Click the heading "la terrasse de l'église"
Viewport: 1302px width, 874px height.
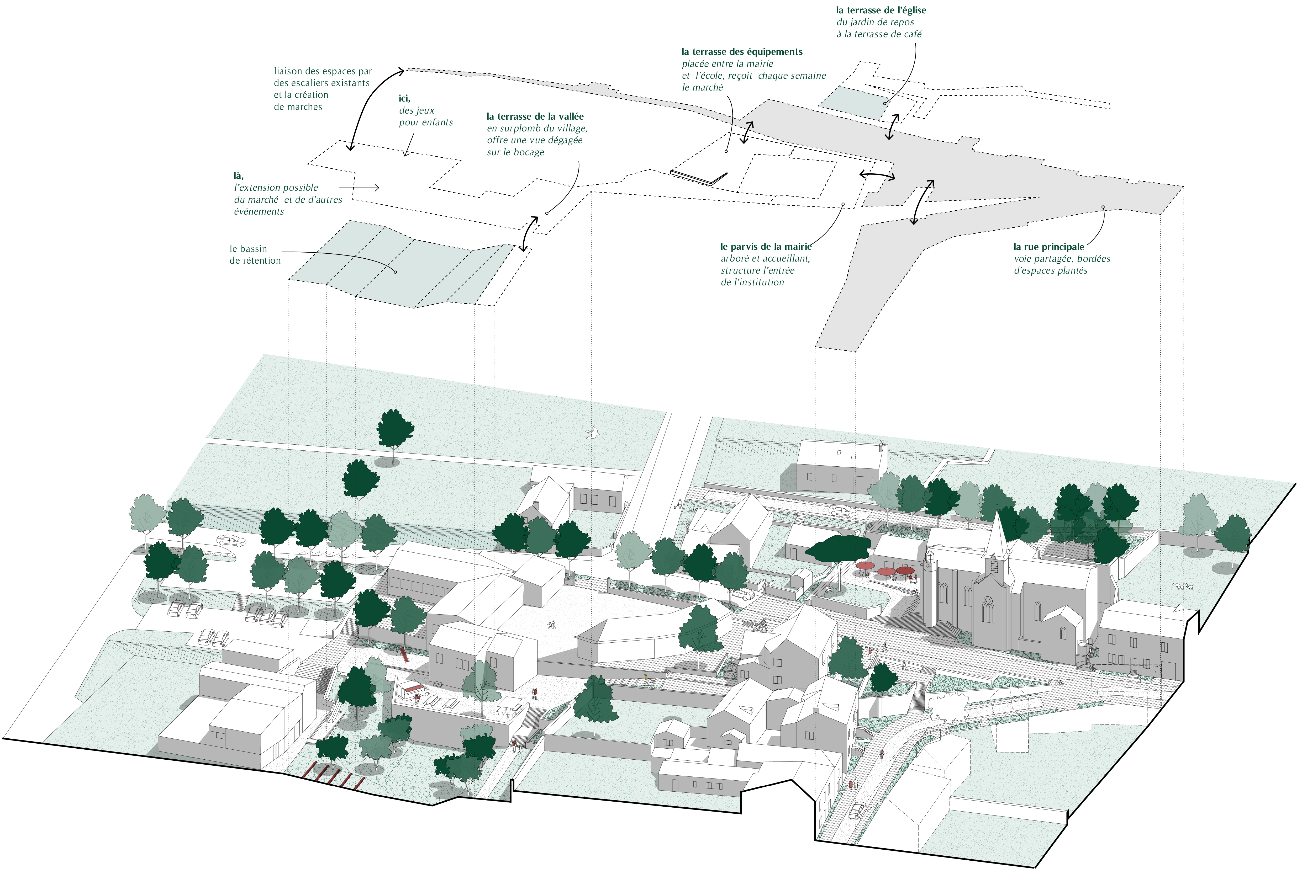881,10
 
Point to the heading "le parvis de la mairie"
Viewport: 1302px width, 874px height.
766,246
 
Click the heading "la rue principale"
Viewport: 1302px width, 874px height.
1048,246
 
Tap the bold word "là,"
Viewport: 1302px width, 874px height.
239,175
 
